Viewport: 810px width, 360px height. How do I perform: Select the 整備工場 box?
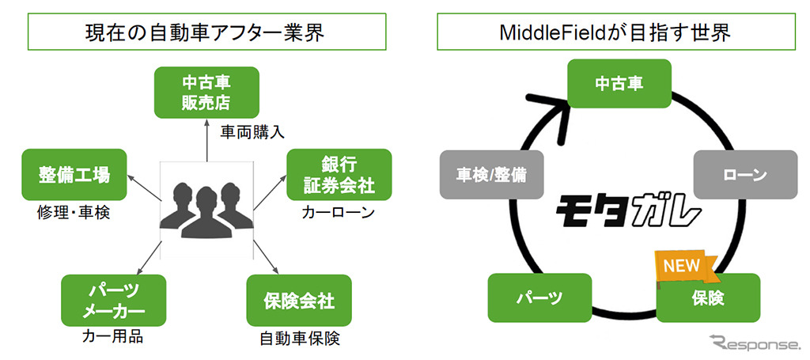74,174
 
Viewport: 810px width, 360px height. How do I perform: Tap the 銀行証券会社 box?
338,175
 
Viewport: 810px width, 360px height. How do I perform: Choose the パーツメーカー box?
113,300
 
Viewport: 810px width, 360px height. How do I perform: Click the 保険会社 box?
298,301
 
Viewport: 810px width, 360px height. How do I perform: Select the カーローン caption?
338,213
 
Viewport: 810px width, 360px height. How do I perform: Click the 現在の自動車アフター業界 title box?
206,32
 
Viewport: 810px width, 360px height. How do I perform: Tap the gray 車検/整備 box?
491,174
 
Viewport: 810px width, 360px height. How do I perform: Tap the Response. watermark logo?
755,342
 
